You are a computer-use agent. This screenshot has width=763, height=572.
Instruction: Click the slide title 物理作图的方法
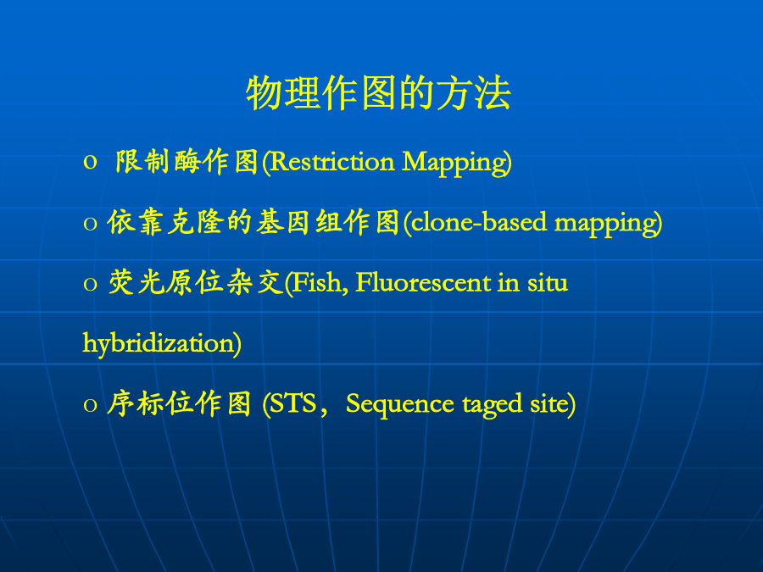coord(379,92)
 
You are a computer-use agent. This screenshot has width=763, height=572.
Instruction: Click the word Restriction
coord(331,162)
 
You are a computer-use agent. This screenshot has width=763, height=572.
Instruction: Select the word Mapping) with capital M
coord(457,163)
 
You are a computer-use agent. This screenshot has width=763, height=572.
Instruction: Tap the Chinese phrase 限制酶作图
coord(187,162)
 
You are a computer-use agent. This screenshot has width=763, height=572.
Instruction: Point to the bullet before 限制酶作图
coord(90,163)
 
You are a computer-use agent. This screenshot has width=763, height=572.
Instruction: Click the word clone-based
coord(479,222)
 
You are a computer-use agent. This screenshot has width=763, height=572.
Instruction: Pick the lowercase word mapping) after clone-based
coord(608,224)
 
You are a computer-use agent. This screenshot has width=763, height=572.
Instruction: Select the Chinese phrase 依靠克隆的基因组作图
coord(253,222)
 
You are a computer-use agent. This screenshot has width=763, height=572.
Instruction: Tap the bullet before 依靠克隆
coord(90,223)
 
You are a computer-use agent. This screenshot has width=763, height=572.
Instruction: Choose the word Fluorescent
coord(423,282)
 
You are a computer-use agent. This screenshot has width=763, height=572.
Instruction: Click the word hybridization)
coord(162,343)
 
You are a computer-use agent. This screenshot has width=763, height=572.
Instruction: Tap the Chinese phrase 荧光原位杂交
coord(196,282)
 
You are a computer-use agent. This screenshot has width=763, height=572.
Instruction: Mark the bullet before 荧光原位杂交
coord(90,284)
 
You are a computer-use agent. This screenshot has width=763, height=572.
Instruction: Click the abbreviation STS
coord(293,403)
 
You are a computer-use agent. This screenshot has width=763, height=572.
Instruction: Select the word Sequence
coord(400,404)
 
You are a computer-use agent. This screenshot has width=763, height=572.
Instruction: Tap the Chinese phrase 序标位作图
coord(179,403)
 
